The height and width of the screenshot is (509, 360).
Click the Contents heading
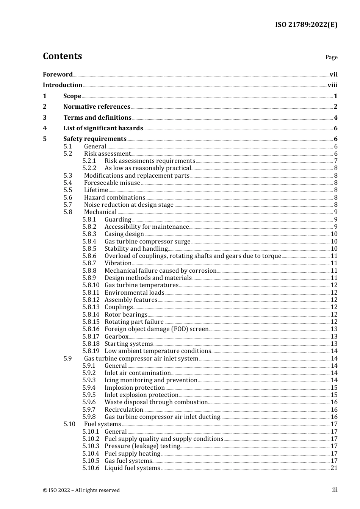coord(62,56)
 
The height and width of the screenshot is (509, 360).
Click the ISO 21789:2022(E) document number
coord(306,25)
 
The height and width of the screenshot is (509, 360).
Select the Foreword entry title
coord(58,74)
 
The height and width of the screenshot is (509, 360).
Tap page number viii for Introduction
coord(332,85)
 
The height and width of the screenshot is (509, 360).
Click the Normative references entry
coord(97,107)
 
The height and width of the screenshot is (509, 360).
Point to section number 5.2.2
coord(89,168)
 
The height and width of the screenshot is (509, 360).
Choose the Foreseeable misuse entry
coord(112,183)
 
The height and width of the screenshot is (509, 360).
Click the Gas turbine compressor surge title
coord(147,242)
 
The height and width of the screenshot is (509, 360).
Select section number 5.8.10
coord(91,285)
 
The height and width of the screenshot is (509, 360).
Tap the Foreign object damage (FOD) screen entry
coord(157,329)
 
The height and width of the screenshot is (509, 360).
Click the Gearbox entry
coord(116,337)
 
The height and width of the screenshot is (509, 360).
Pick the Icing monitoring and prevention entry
coord(151,380)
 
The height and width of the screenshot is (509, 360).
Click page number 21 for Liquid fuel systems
coord(334,468)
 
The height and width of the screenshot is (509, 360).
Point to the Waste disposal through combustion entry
coord(156,402)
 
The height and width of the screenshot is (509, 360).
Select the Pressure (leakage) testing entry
coord(142,446)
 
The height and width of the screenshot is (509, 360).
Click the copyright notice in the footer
coord(81,490)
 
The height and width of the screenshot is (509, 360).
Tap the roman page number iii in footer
coord(335,490)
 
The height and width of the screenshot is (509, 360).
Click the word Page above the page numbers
coord(331,57)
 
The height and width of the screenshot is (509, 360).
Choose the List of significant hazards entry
coord(103,128)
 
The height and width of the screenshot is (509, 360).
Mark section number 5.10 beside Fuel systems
coord(69,424)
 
